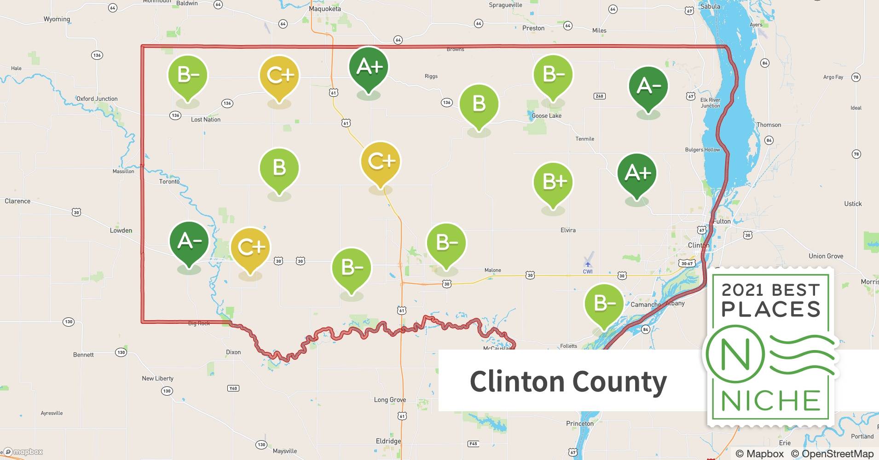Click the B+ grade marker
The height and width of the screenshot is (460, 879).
(553, 182)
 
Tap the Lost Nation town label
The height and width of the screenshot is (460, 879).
(205, 120)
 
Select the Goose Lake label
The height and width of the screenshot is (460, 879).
(546, 116)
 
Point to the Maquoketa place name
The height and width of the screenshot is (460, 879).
(325, 9)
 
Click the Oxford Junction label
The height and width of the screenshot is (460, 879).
(97, 99)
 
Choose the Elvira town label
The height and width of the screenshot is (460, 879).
(568, 230)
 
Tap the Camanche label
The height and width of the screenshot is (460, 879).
(645, 305)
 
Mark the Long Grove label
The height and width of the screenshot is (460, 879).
(390, 400)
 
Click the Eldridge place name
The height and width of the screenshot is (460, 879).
(388, 441)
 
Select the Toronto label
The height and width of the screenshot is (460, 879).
(169, 182)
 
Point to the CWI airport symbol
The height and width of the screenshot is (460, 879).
(588, 264)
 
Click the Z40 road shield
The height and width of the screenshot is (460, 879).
(599, 96)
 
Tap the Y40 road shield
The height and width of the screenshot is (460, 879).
(233, 388)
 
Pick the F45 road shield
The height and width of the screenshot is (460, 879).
(473, 444)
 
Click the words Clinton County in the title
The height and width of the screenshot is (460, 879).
(568, 382)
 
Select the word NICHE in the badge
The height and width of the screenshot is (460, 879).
(770, 401)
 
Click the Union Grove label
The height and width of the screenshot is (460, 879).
(826, 256)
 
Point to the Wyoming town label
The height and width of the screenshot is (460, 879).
(57, 19)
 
